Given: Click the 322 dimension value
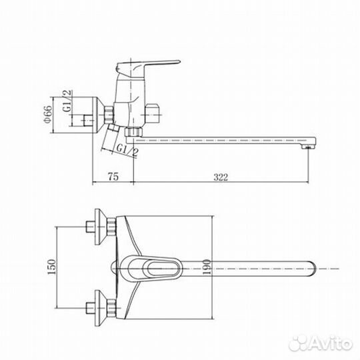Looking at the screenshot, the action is pos(221,177).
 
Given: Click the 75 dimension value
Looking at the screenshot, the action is pos(113,177).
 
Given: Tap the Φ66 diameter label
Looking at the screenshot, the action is pos(48,115).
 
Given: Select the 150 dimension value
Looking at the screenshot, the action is pos(51,267).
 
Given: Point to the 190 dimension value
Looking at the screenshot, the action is pos(207,267).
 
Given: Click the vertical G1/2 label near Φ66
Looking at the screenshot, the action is pos(67,101).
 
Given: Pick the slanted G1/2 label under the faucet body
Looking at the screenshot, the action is pos(127,150).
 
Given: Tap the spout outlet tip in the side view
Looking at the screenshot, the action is pos(309,147).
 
